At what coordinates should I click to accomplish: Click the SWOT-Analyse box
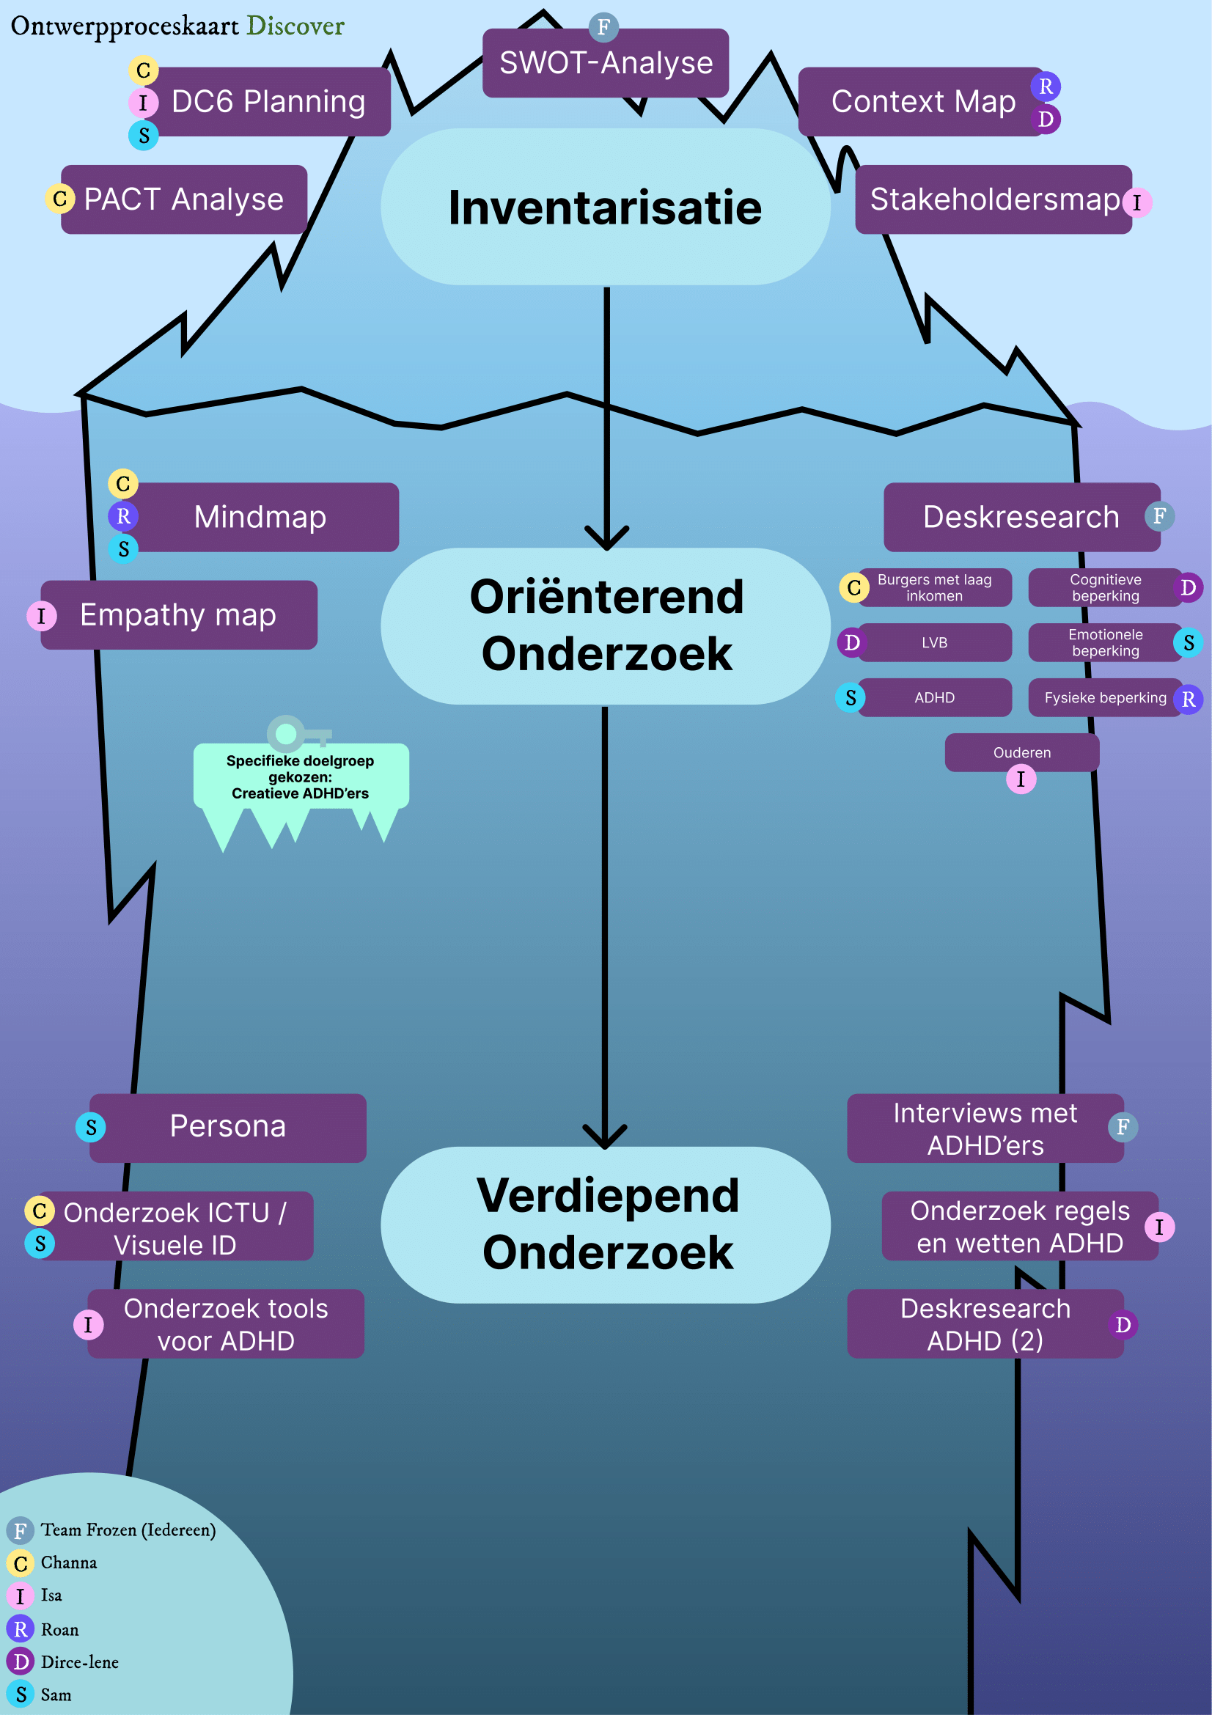(605, 63)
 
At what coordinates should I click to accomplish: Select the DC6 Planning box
(269, 102)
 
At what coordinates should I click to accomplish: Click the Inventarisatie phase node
(605, 207)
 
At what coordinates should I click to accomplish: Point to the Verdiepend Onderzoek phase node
(605, 1224)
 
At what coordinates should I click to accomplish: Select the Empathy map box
(179, 614)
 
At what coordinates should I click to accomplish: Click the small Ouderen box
(1021, 752)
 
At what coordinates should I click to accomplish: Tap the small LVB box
(934, 642)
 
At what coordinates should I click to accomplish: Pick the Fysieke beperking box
(1104, 697)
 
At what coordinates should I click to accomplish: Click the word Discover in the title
(295, 26)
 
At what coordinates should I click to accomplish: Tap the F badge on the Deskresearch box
(1159, 516)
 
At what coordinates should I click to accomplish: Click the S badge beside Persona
(91, 1127)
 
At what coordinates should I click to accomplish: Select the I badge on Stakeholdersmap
(1136, 202)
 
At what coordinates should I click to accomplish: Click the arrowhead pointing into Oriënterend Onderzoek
(606, 540)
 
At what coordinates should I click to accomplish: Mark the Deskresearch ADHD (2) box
(985, 1324)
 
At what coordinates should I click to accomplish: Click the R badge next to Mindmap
(123, 516)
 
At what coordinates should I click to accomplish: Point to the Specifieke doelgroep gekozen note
(300, 776)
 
